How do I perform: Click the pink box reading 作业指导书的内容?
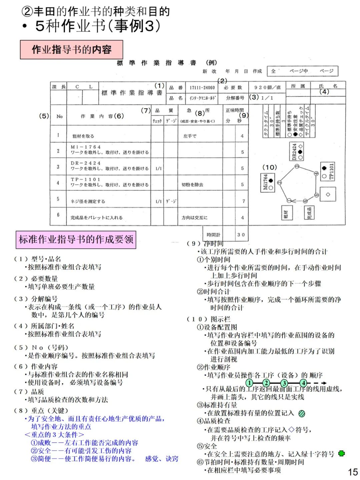(x=71, y=50)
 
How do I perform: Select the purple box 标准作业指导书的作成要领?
(x=76, y=239)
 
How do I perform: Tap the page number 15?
(x=352, y=472)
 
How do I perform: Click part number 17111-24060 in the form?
(x=202, y=88)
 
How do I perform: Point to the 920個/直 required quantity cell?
(x=267, y=87)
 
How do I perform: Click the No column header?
(x=59, y=116)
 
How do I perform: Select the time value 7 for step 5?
(x=243, y=201)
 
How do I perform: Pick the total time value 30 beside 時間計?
(x=241, y=235)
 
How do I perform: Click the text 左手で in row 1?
(x=190, y=136)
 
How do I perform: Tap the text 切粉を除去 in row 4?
(x=192, y=184)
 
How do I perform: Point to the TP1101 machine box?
(x=328, y=171)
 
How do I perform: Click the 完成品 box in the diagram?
(x=309, y=212)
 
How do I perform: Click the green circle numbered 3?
(x=284, y=383)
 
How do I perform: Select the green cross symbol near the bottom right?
(x=341, y=454)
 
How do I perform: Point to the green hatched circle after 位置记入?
(x=302, y=414)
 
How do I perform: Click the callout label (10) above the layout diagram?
(x=269, y=167)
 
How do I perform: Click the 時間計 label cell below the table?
(x=213, y=235)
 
